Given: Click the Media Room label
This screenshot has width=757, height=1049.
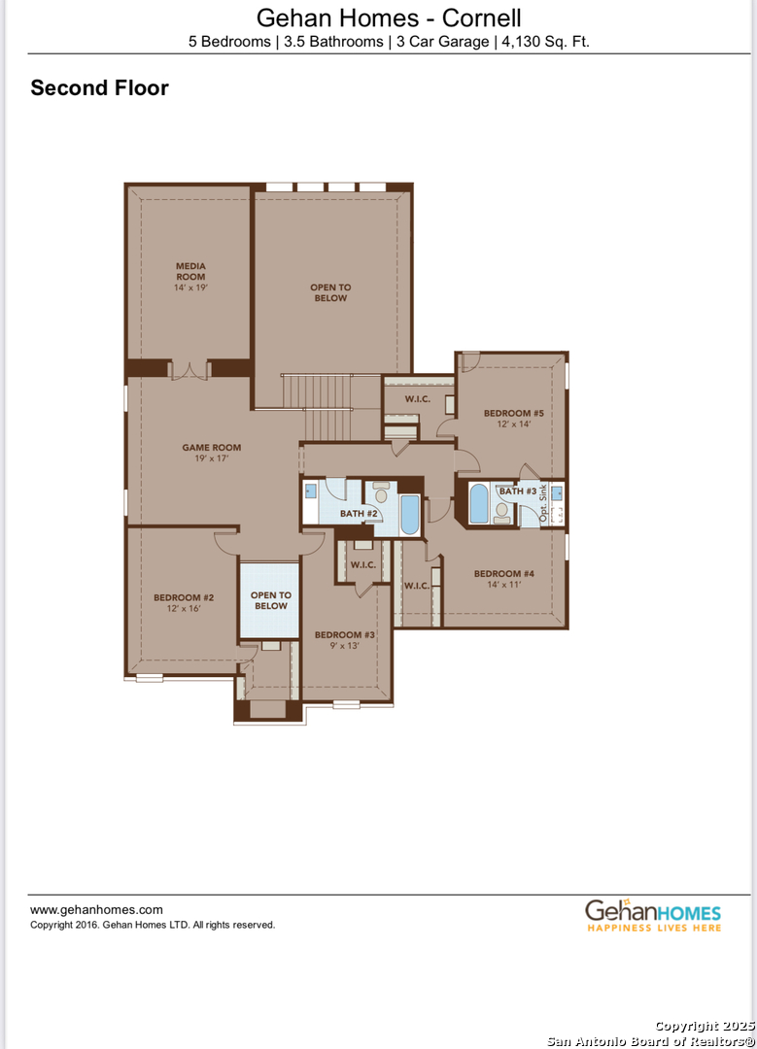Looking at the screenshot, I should tap(190, 271).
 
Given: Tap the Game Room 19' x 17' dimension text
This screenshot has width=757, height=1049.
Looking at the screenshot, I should tap(211, 458).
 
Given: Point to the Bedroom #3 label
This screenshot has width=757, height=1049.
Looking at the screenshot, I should tap(344, 634).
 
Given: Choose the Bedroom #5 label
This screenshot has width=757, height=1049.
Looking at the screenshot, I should tap(513, 414).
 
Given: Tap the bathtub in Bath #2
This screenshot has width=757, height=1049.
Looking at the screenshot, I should tap(409, 516).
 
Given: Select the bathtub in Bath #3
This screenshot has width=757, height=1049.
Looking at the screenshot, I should tap(479, 504).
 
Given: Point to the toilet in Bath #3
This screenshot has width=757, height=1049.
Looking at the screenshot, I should tap(502, 509).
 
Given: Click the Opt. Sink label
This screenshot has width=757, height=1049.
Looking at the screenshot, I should tap(544, 503).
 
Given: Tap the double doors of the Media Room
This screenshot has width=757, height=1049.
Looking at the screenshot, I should tap(189, 369).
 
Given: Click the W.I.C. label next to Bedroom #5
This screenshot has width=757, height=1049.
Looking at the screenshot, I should tap(418, 399).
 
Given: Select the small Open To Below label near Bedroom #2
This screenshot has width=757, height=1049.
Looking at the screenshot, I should tap(270, 600).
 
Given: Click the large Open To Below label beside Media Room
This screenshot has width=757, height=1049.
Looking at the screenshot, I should tap(330, 292).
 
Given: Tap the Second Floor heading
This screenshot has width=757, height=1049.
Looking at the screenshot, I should tap(99, 88).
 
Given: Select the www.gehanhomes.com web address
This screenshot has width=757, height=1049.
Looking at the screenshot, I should tap(96, 910).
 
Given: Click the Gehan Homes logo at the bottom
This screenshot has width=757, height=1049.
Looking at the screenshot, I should tap(652, 915).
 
